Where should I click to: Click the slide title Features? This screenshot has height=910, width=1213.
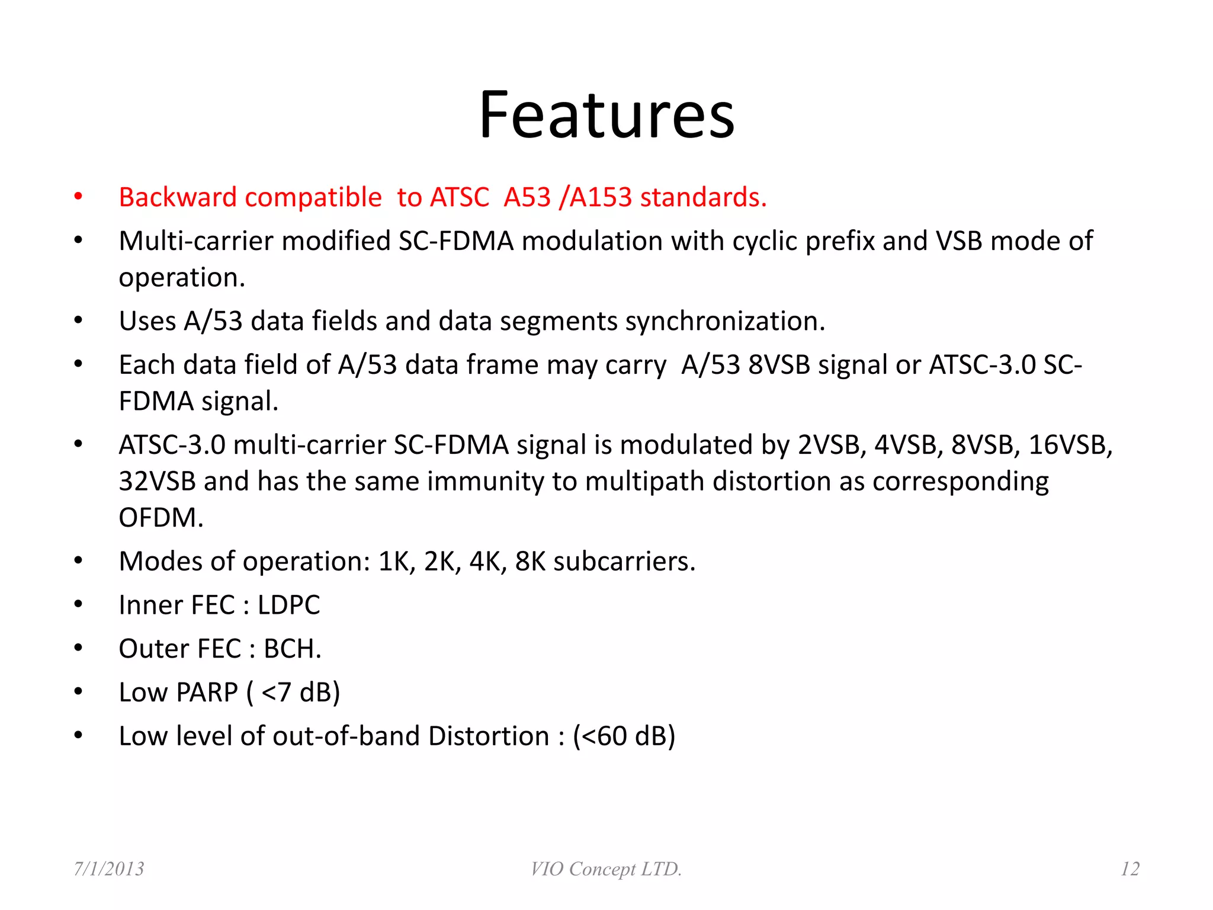[x=606, y=115]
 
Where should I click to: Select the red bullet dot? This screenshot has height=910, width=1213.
[x=78, y=197]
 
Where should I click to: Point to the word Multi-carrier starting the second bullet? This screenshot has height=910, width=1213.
[x=195, y=241]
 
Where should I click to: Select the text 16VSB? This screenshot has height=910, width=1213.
[x=1070, y=445]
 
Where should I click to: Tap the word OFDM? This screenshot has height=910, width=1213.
[x=161, y=518]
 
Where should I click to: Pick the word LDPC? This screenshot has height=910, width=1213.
[x=288, y=605]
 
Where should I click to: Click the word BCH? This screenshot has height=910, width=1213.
[x=292, y=649]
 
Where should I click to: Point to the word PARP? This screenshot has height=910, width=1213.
[x=207, y=693]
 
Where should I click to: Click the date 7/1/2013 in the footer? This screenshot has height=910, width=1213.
[x=109, y=869]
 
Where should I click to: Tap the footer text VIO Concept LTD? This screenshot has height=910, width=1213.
[x=606, y=869]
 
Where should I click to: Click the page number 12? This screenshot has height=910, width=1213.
[x=1129, y=869]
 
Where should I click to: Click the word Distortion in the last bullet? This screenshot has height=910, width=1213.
[x=488, y=736]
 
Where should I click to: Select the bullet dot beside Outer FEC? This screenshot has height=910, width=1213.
[x=78, y=648]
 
